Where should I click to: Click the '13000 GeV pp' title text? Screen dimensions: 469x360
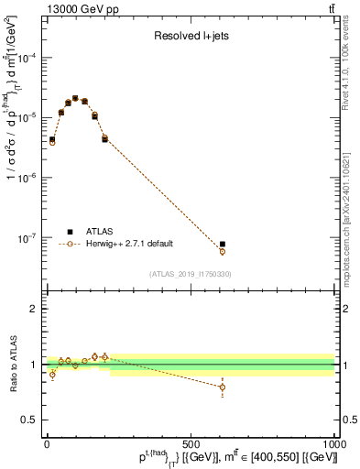click(79, 9)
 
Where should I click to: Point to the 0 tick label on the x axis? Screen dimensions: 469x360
click(47, 442)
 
